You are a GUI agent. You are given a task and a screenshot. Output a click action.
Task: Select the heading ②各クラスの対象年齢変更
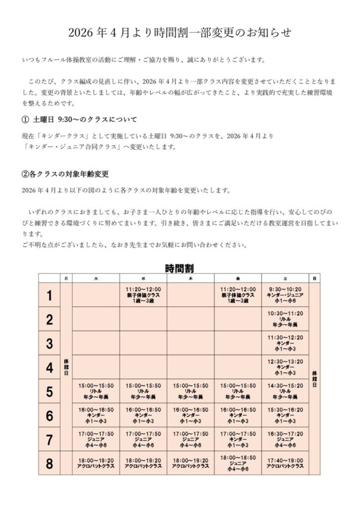[65, 174]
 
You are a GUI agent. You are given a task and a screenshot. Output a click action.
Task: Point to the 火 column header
[96, 278]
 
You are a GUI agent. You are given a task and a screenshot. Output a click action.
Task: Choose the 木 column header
[190, 278]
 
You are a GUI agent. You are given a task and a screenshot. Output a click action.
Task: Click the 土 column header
[285, 278]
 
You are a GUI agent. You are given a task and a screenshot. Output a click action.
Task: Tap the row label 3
[49, 343]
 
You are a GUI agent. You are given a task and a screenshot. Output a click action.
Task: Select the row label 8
[49, 464]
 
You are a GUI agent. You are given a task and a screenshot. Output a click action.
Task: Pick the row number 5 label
[49, 392]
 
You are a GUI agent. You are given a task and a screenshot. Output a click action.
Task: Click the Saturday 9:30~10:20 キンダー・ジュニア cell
[285, 295]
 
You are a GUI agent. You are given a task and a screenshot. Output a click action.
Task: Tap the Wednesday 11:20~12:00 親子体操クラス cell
[143, 295]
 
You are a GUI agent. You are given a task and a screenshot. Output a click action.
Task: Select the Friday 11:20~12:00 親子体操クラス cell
[238, 295]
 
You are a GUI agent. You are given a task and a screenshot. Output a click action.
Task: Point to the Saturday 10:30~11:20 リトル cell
[285, 319]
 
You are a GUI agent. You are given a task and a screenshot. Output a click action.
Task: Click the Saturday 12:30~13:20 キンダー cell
[285, 367]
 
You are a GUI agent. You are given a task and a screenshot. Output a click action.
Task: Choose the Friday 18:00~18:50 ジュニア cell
[238, 463]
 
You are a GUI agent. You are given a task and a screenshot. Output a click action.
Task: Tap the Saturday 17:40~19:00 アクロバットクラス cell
[285, 463]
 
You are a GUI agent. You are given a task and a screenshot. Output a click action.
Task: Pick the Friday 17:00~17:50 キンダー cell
[238, 439]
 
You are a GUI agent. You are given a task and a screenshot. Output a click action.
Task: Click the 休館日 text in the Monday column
[66, 367]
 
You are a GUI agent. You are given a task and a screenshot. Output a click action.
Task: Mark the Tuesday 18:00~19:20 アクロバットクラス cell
[96, 463]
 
